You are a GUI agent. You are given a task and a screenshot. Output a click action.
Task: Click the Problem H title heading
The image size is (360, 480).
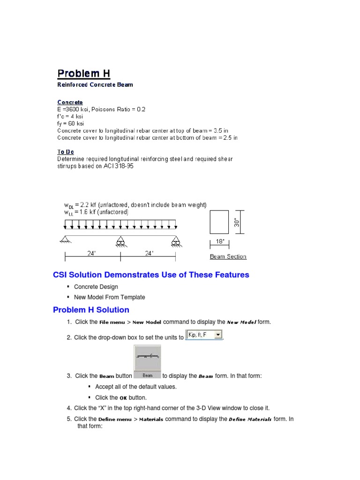[x=83, y=74]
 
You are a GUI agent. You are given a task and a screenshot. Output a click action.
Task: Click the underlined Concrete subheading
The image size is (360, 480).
[x=70, y=102]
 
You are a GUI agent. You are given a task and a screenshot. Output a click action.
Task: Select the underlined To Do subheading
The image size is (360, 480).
[x=66, y=152]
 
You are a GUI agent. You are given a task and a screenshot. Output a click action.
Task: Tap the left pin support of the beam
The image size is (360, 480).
[x=65, y=240]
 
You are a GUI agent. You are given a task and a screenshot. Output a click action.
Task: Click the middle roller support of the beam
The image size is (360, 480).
[x=120, y=241]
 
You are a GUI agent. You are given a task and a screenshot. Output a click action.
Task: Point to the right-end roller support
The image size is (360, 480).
[x=175, y=241]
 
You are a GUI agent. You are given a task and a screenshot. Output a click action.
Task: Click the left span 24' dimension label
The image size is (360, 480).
[x=92, y=254]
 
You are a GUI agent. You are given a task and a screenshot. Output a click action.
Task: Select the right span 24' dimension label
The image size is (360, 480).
[x=149, y=254]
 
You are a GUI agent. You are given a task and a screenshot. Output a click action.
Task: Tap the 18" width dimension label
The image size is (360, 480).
[x=220, y=242]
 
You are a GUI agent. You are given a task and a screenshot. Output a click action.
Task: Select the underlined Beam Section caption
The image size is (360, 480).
[x=228, y=256]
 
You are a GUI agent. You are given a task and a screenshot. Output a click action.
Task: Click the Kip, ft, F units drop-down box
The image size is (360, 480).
[x=204, y=335]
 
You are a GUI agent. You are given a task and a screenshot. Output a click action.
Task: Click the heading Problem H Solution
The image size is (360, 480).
[x=91, y=310]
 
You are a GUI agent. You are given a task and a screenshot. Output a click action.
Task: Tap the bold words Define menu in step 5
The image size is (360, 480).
[x=115, y=420]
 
